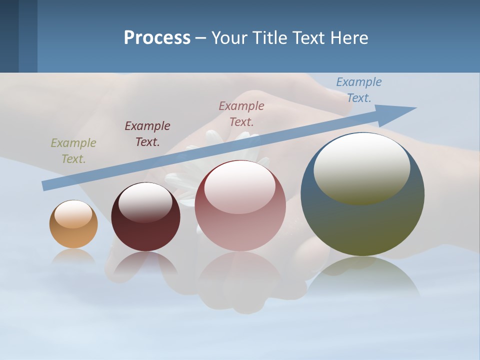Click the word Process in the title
(157, 38)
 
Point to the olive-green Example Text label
(73, 151)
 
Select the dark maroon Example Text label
(147, 134)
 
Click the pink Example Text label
(241, 113)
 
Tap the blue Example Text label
(359, 89)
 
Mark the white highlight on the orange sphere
(73, 214)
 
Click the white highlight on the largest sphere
(362, 167)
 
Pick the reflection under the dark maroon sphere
(145, 262)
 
